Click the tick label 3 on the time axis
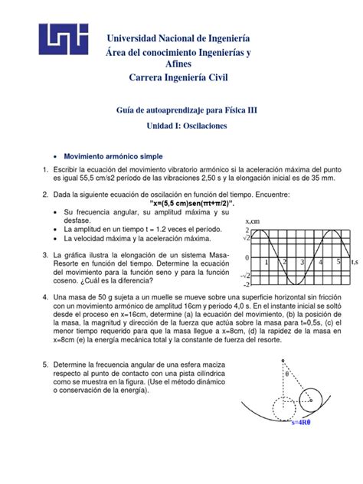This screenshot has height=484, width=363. (x=302, y=262)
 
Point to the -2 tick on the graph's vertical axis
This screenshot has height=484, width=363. (x=246, y=285)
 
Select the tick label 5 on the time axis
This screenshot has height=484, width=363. (x=338, y=262)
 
